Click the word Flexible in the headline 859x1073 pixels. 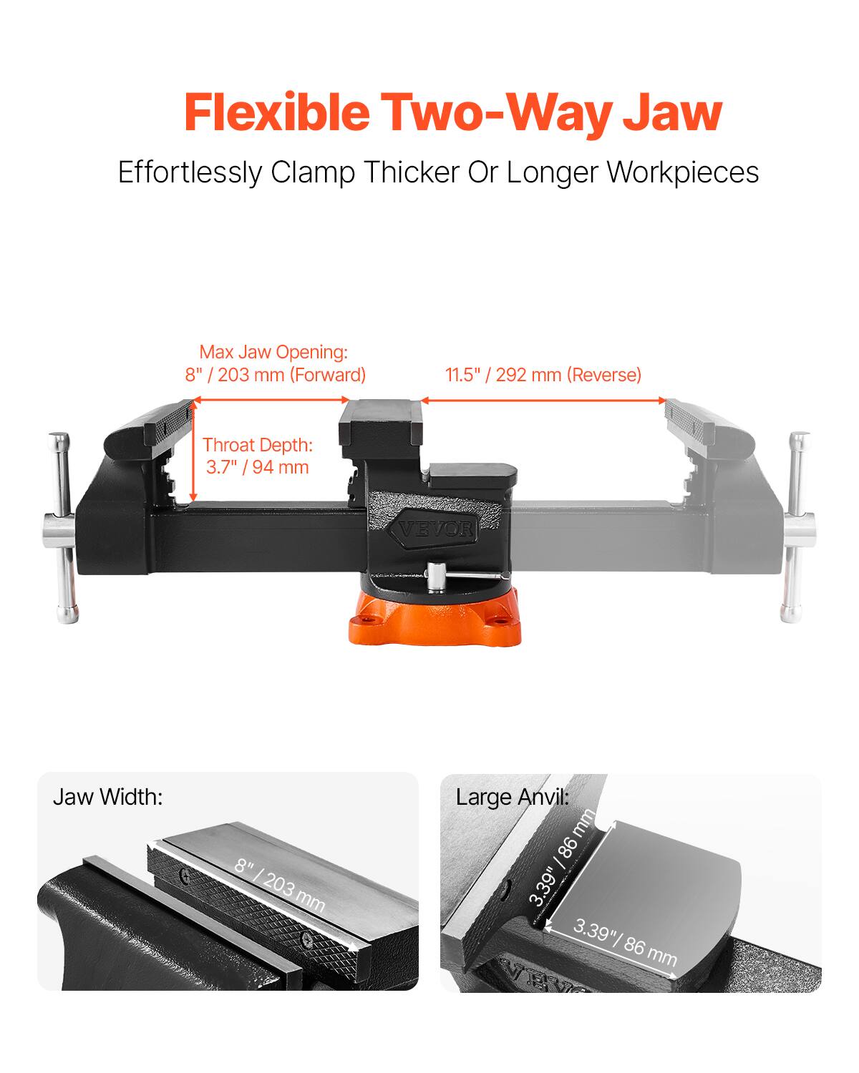pyautogui.click(x=276, y=112)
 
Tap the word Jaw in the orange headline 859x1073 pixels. pyautogui.click(x=671, y=112)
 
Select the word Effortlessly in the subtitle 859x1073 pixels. pyautogui.click(x=190, y=173)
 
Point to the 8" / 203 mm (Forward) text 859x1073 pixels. pyautogui.click(x=276, y=374)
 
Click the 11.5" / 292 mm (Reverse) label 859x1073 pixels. pyautogui.click(x=543, y=374)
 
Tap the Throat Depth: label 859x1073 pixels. pyautogui.click(x=258, y=445)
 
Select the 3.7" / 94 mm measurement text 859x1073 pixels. pyautogui.click(x=258, y=468)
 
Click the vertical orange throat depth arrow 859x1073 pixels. pyautogui.click(x=193, y=451)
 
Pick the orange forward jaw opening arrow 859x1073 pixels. pyautogui.click(x=272, y=401)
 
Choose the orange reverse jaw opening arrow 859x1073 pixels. pyautogui.click(x=543, y=401)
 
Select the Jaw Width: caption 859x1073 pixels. pyautogui.click(x=108, y=797)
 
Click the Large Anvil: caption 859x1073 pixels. pyautogui.click(x=513, y=797)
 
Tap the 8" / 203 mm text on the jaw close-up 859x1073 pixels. pyautogui.click(x=280, y=886)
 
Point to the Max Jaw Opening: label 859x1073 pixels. pyautogui.click(x=273, y=352)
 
